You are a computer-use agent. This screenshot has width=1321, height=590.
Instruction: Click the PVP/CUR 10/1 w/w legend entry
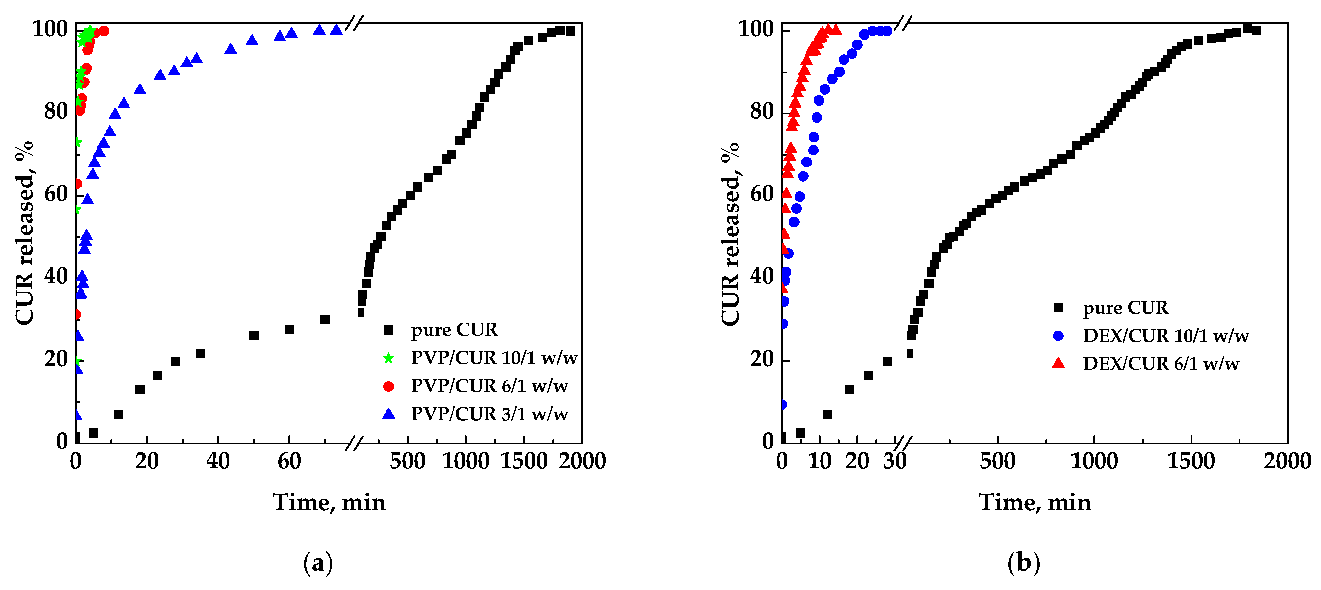[x=494, y=357]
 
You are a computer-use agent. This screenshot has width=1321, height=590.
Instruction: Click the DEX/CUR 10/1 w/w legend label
[x=1166, y=335]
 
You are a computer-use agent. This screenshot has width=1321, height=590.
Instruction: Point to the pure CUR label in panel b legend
[x=1125, y=307]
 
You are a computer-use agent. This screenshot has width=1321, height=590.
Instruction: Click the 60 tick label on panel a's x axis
[x=289, y=461]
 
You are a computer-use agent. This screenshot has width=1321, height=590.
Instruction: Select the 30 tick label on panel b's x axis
[x=895, y=461]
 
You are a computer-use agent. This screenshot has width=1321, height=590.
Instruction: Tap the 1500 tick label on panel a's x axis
[x=524, y=461]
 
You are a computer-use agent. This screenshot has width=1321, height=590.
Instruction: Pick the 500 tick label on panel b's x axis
[x=997, y=461]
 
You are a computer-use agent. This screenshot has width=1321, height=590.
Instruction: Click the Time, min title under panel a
[x=329, y=502]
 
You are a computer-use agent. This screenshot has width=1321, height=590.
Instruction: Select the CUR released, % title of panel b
[x=730, y=233]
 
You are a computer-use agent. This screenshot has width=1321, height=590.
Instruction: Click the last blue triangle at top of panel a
[x=336, y=29]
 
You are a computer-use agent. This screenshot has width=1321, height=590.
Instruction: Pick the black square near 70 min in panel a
[x=325, y=319]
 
